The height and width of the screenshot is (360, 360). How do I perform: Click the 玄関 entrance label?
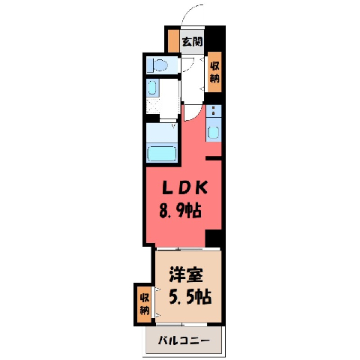[x=192, y=41]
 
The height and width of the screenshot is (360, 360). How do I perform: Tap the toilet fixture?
[x=157, y=65]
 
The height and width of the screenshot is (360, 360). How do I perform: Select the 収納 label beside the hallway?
[x=214, y=72]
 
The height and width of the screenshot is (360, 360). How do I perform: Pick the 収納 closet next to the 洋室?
[x=145, y=304]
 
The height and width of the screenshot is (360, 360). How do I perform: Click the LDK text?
[x=184, y=187]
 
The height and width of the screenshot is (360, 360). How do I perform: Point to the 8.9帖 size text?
[x=180, y=211]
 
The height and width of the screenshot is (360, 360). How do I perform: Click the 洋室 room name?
[x=186, y=274]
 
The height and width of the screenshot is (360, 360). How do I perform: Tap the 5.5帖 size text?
[x=190, y=296]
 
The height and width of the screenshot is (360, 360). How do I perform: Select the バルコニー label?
[x=184, y=340]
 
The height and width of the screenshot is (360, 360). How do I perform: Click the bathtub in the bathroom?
[x=162, y=154]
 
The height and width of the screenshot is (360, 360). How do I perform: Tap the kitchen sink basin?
[x=214, y=132]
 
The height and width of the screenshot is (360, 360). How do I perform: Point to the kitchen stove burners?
[x=214, y=110]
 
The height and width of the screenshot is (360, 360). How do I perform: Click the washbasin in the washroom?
[x=151, y=88]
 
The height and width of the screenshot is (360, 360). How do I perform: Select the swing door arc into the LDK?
[x=195, y=115]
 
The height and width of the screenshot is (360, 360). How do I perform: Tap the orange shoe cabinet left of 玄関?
[x=173, y=41]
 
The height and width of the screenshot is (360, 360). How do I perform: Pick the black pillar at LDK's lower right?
[x=213, y=238]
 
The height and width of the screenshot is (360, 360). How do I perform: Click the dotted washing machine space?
[x=153, y=106]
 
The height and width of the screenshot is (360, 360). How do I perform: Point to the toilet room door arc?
[x=189, y=65]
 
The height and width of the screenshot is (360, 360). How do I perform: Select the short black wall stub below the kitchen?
[x=214, y=157]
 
